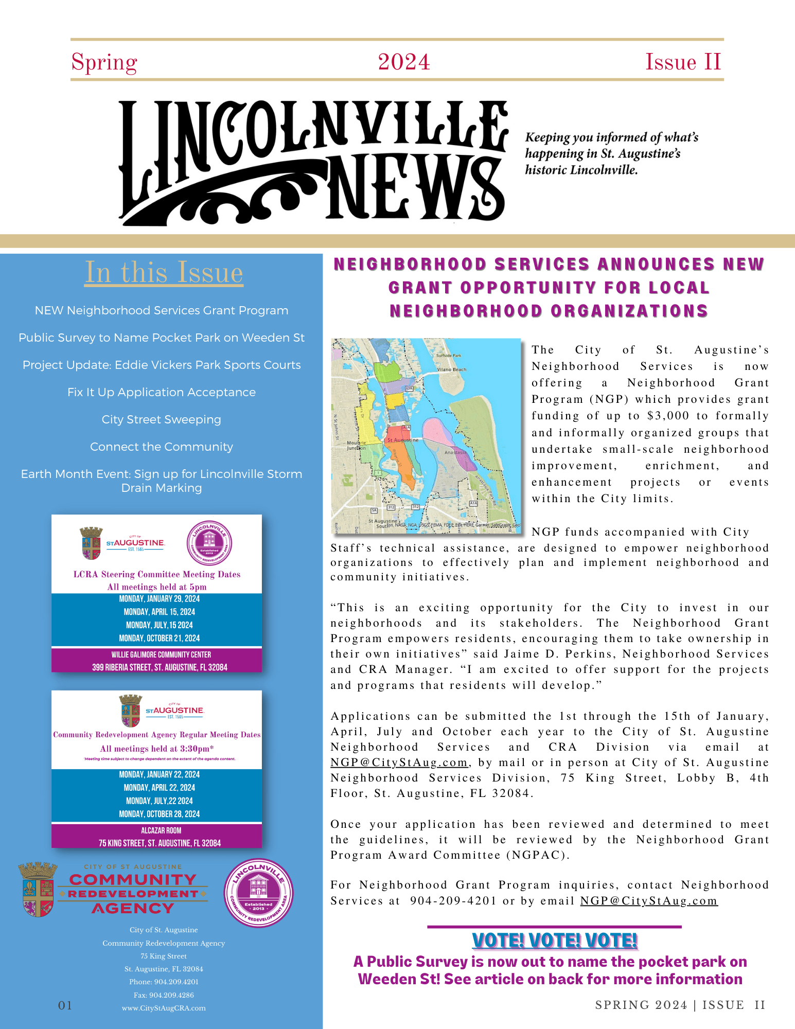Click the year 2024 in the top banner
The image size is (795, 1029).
(x=404, y=62)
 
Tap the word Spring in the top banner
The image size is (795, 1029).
(x=104, y=63)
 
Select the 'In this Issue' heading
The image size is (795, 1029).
(x=164, y=272)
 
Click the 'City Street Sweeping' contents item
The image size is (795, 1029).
(x=161, y=419)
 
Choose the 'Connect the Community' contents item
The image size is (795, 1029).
(x=161, y=447)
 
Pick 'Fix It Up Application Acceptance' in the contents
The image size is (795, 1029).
(x=161, y=392)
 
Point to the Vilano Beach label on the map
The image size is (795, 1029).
(x=451, y=369)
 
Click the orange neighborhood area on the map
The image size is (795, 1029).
(x=407, y=466)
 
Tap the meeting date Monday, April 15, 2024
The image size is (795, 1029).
(x=159, y=612)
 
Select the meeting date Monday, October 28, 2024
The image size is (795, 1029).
(x=159, y=814)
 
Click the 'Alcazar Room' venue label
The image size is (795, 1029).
(x=161, y=830)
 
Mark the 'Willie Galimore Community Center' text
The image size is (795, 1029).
(x=161, y=654)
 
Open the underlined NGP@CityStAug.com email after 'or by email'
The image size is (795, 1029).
(x=648, y=901)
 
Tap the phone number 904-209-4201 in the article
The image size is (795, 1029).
(x=453, y=901)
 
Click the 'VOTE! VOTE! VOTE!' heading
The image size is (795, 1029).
(x=554, y=941)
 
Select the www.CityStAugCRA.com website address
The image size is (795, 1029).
(x=164, y=1008)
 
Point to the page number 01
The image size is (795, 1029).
(x=65, y=1005)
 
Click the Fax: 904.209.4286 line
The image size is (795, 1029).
(x=164, y=995)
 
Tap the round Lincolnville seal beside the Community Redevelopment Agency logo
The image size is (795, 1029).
(x=258, y=893)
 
